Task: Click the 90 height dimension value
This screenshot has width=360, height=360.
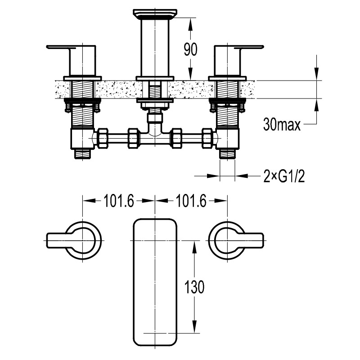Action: [190, 49]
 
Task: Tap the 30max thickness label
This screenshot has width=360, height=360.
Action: [282, 125]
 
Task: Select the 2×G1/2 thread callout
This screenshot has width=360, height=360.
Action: [284, 176]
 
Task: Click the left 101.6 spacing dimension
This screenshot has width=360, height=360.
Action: [119, 201]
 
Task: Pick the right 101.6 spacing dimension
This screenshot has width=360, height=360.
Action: [191, 201]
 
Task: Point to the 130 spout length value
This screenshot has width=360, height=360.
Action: [194, 287]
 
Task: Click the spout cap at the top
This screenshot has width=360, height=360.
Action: [155, 14]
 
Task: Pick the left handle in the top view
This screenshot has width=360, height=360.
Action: [74, 240]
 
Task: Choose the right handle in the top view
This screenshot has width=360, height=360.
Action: [236, 240]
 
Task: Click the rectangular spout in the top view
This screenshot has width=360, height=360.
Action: [155, 282]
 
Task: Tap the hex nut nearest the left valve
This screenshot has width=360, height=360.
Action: [103, 138]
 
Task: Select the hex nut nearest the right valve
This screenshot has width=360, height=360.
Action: [207, 138]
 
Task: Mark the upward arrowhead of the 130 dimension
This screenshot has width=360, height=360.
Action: [194, 247]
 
